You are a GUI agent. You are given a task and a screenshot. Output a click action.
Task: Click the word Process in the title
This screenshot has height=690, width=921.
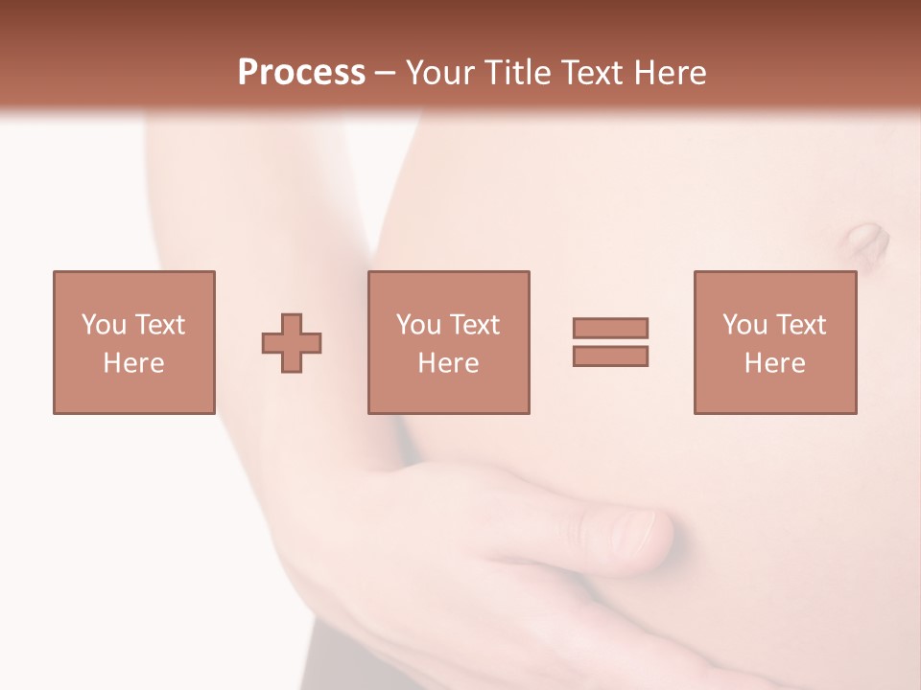click(301, 73)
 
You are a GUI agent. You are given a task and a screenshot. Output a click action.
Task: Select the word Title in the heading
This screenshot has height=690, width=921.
click(519, 73)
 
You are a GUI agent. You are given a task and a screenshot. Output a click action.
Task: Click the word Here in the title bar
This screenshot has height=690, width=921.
click(674, 73)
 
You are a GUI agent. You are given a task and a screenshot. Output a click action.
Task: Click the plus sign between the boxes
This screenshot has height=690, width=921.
click(292, 343)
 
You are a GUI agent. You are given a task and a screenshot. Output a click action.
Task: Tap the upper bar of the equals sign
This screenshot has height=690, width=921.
click(610, 328)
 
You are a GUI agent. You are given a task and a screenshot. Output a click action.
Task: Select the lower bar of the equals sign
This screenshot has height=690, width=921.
click(610, 356)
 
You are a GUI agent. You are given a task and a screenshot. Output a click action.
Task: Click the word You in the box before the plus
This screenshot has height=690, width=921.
click(103, 325)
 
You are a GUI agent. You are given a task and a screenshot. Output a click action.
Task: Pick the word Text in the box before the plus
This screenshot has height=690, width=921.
click(159, 325)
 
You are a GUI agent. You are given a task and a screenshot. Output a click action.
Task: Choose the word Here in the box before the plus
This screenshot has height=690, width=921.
click(134, 363)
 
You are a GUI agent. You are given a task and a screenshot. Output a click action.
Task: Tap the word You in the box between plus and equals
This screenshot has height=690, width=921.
click(417, 325)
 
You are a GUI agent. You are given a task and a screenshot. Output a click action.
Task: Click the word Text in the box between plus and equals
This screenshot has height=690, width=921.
click(474, 325)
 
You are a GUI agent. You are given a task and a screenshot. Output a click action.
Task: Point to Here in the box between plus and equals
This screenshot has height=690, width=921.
click(449, 363)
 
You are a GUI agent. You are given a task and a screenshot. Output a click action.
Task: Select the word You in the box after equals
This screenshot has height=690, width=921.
click(744, 325)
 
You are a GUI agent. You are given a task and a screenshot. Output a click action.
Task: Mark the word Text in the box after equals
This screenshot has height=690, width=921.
click(800, 325)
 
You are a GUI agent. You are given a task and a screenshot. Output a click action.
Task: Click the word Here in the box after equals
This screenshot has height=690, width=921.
click(775, 363)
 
